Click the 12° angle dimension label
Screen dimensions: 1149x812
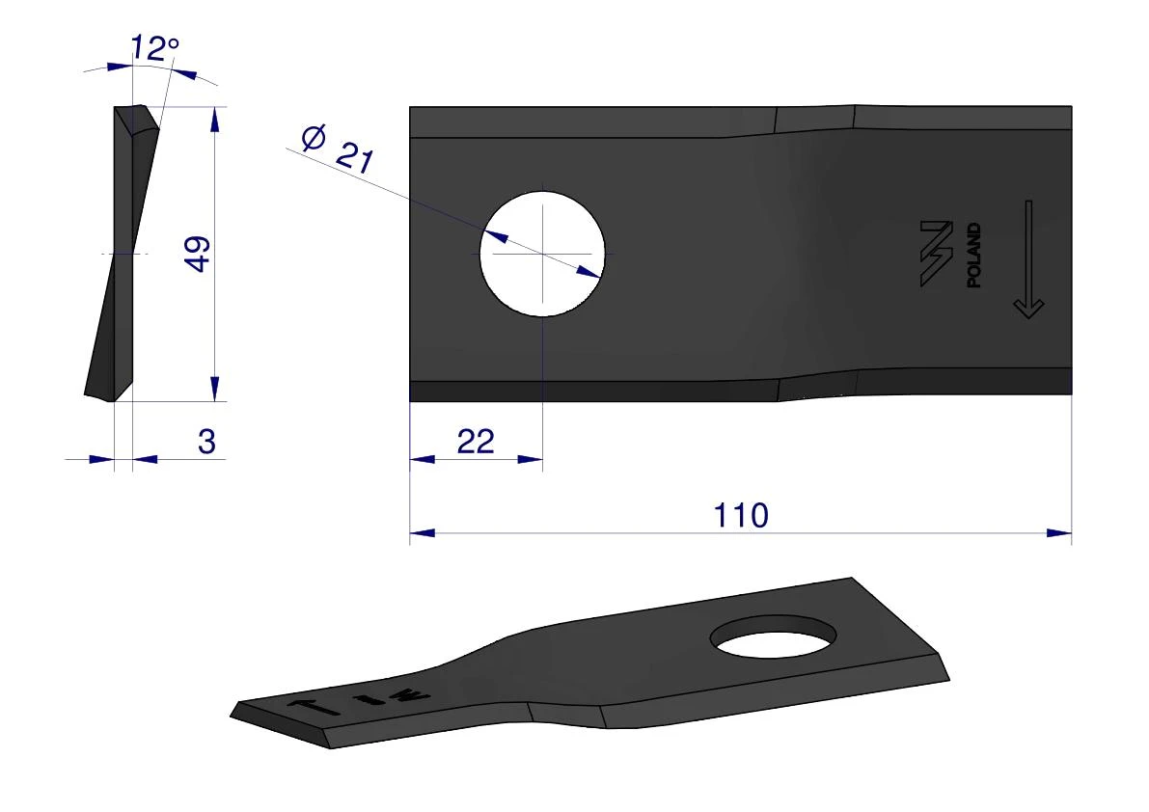[x=154, y=48]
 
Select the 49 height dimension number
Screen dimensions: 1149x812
[x=198, y=254]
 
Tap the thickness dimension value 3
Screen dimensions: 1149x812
[x=206, y=442]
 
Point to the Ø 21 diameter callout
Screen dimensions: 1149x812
[x=338, y=149]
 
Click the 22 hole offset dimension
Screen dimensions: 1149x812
[x=476, y=442]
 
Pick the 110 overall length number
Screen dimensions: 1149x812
[x=741, y=516]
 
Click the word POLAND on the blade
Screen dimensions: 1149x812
[x=973, y=256]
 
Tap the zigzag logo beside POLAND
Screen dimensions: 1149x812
[x=937, y=253]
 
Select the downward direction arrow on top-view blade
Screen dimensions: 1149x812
[x=1028, y=259]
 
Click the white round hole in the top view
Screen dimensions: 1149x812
[x=542, y=254]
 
